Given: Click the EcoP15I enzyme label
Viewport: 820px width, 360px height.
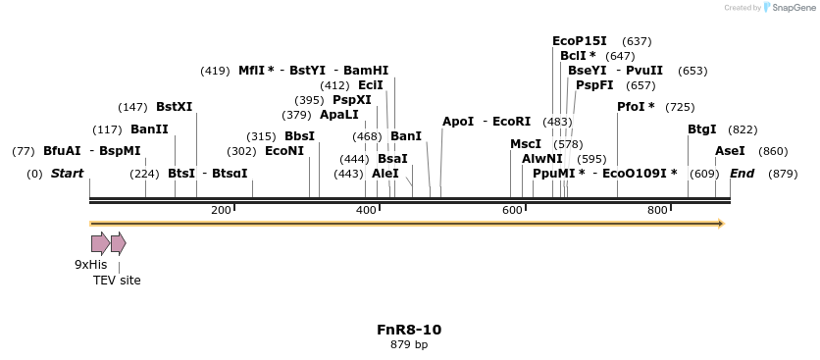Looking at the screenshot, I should [580, 41].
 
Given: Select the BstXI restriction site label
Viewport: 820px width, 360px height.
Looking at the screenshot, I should [175, 106].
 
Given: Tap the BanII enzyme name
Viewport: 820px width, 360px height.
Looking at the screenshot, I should [149, 129].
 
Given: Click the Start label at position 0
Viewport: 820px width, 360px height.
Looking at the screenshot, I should [68, 174].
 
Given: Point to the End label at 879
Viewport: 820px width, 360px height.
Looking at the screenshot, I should [742, 174].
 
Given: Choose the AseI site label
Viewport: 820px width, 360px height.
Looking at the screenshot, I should [730, 151].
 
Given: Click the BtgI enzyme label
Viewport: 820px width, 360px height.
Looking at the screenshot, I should [701, 129].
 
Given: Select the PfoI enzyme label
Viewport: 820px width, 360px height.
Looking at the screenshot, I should [636, 106].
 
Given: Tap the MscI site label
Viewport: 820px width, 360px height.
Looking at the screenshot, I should [526, 144].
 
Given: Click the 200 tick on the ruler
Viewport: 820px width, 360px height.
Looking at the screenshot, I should [221, 211].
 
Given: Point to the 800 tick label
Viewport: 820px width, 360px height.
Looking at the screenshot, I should [657, 211].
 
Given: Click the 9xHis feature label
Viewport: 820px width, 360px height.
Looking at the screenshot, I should [91, 265].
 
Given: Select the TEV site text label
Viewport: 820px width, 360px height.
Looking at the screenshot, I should [117, 281].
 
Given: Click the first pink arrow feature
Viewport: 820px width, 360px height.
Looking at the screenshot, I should [100, 243].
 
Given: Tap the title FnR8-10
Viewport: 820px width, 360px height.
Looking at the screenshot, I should [409, 330].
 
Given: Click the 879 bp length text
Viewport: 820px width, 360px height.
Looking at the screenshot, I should [409, 344].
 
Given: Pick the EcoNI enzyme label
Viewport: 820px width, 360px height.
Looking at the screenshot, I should [284, 151].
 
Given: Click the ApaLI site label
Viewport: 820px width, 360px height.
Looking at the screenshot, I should [339, 115].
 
